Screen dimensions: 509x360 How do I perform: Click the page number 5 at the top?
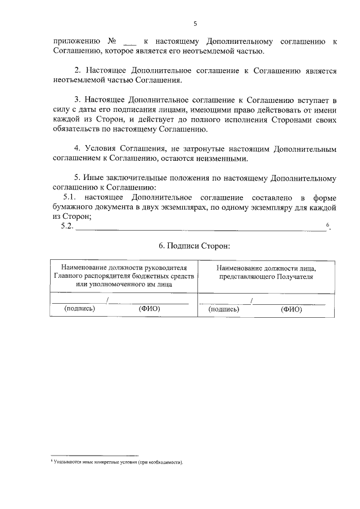pyautogui.click(x=195, y=24)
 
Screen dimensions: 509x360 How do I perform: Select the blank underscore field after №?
pyautogui.click(x=130, y=42)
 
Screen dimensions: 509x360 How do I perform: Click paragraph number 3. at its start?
pyautogui.click(x=79, y=100)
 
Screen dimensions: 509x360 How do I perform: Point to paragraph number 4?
pyautogui.click(x=79, y=149)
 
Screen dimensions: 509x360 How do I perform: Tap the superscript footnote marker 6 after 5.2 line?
pyautogui.click(x=328, y=224)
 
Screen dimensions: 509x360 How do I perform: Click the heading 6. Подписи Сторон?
pyautogui.click(x=195, y=246)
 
